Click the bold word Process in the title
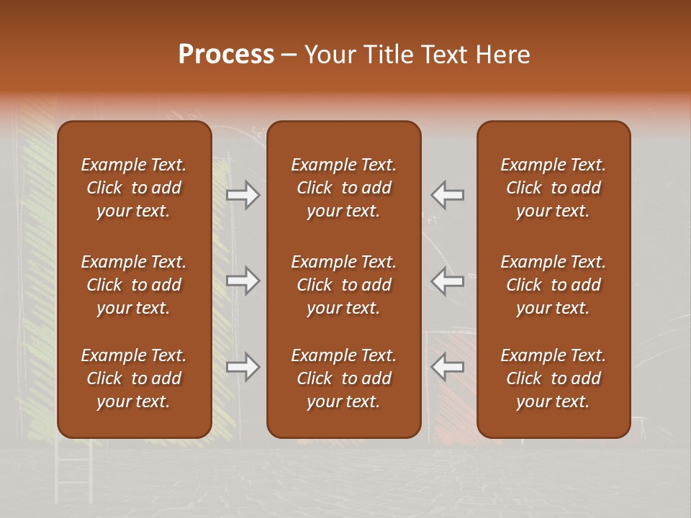tap(226, 55)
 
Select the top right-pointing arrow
tap(243, 195)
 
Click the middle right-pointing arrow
tap(243, 281)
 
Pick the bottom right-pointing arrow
tap(243, 367)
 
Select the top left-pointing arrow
tap(447, 195)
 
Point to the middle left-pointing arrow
tap(447, 281)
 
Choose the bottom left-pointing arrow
tap(447, 367)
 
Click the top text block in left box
tap(134, 188)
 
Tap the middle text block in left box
tap(134, 285)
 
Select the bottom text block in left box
tap(134, 378)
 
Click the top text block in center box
tap(343, 188)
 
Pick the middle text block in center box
tap(343, 285)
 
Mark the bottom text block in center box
tap(343, 378)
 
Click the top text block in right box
tap(553, 188)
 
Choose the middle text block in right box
tap(553, 285)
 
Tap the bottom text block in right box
tap(553, 378)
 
